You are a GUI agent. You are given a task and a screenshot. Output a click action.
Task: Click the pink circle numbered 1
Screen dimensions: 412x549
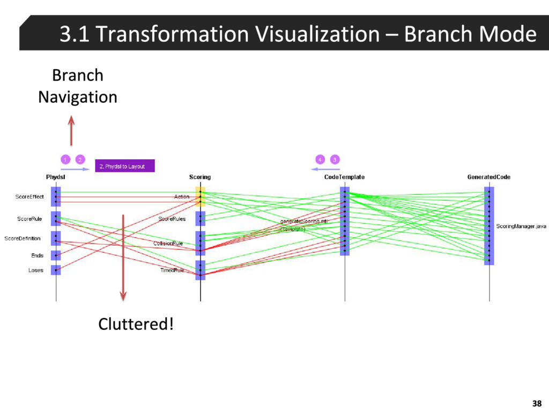pos(64,159)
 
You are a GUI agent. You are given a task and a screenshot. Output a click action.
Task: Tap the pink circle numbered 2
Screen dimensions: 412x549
pos(79,159)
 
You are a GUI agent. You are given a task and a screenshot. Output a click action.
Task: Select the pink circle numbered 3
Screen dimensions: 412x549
pos(334,159)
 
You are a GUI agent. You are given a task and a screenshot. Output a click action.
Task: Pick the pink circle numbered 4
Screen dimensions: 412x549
pos(320,159)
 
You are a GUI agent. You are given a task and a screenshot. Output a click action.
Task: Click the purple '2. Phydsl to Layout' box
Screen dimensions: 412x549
pos(125,166)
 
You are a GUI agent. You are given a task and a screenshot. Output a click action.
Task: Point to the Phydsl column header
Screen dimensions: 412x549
pos(56,177)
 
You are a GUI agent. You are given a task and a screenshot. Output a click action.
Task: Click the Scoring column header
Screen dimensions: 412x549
pos(200,177)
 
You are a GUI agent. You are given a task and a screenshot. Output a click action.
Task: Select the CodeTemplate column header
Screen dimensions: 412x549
pos(345,177)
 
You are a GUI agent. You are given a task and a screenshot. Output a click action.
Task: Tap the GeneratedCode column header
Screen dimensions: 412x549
pos(489,177)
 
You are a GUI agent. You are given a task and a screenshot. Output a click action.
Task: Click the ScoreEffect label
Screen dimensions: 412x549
pos(29,197)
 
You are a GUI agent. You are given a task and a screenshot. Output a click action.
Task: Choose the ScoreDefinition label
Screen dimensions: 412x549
pos(23,238)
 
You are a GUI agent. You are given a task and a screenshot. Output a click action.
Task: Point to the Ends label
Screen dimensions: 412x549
pos(37,255)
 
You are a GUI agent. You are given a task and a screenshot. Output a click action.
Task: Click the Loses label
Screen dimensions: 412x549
pos(36,270)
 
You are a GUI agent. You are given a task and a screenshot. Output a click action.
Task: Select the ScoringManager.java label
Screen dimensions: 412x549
pos(521,226)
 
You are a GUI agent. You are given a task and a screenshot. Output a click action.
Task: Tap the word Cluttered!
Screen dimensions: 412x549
pos(136,324)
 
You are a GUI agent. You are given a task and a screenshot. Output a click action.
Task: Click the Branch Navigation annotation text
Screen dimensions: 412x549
pos(78,86)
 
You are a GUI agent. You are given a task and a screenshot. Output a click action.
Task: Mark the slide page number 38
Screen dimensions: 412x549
pos(537,403)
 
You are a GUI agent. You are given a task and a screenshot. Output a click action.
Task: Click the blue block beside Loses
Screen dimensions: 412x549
pos(56,270)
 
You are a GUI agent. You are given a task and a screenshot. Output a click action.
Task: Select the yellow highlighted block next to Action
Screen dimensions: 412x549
pos(200,197)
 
